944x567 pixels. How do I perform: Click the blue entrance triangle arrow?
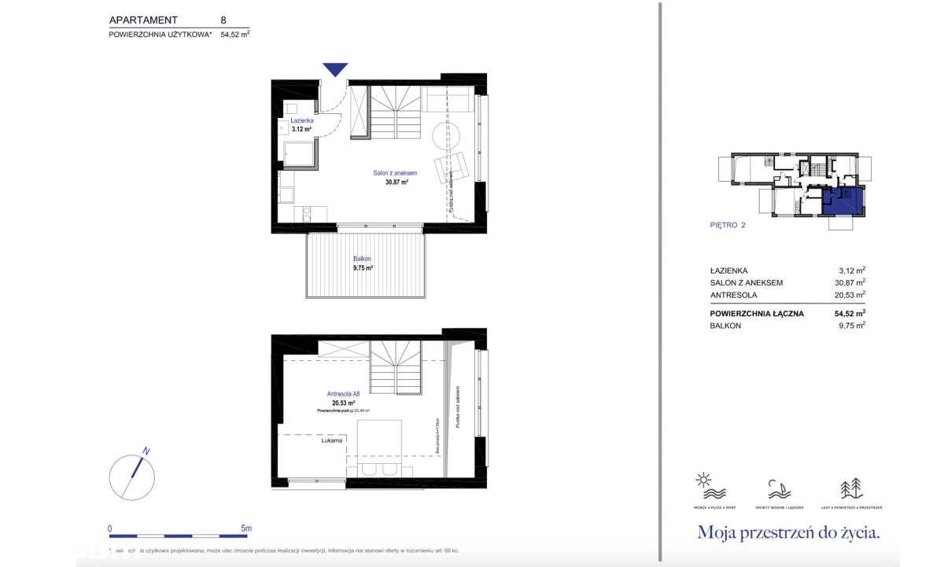tap(336, 69)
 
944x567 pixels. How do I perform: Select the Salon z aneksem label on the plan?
tap(394, 173)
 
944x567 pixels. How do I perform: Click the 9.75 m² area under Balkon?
tap(363, 267)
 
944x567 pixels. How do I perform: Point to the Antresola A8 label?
tap(343, 393)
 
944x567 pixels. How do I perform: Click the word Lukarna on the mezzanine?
tap(331, 441)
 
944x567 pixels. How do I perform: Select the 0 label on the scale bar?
tap(110, 528)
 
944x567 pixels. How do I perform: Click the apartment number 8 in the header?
tap(224, 20)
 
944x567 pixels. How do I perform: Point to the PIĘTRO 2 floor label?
tap(727, 225)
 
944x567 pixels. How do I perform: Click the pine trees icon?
tap(853, 488)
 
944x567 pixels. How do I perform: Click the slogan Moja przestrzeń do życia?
tap(788, 532)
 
